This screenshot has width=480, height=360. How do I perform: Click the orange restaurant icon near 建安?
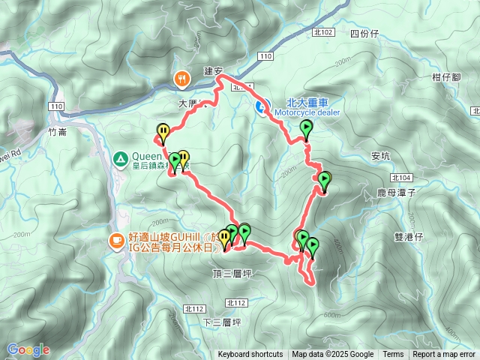click(181, 78)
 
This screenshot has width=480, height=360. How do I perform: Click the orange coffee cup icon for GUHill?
click(117, 240)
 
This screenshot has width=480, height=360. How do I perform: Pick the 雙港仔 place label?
click(409, 236)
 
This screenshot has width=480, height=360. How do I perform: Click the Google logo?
click(28, 349)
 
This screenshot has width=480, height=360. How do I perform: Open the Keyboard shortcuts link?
click(250, 355)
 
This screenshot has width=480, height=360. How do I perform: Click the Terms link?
click(393, 355)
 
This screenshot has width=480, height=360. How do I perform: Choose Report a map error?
click(444, 355)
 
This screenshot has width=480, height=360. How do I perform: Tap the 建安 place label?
click(214, 71)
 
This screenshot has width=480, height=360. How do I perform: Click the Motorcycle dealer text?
click(307, 112)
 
